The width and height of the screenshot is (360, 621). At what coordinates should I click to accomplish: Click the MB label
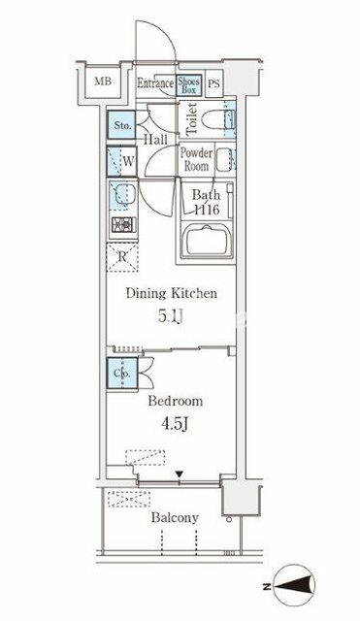point(103,82)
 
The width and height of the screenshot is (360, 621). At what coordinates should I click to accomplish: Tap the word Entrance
point(155,83)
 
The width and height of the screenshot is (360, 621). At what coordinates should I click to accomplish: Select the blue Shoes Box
point(189,85)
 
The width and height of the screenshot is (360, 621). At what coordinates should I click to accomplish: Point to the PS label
point(213,84)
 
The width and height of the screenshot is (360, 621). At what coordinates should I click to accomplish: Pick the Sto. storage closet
point(121,125)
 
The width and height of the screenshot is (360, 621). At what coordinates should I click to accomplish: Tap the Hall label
point(155,140)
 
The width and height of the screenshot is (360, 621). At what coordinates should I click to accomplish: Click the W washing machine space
point(121,162)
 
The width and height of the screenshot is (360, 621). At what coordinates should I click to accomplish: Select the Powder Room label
point(196,159)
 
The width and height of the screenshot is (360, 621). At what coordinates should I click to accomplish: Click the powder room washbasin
point(224,159)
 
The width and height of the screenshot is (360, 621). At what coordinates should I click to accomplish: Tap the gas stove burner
point(123,224)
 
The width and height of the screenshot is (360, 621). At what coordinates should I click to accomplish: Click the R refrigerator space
point(122,257)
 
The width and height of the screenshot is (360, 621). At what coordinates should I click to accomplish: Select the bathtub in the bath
point(207,241)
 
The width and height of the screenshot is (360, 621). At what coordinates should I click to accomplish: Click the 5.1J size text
point(171,316)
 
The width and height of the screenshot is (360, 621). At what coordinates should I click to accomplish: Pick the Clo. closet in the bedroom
point(122,374)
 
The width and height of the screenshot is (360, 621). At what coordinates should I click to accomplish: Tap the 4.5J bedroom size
point(175,424)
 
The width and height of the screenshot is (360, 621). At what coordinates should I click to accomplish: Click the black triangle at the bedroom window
point(180,474)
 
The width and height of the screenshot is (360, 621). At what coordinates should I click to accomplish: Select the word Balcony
point(175,517)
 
